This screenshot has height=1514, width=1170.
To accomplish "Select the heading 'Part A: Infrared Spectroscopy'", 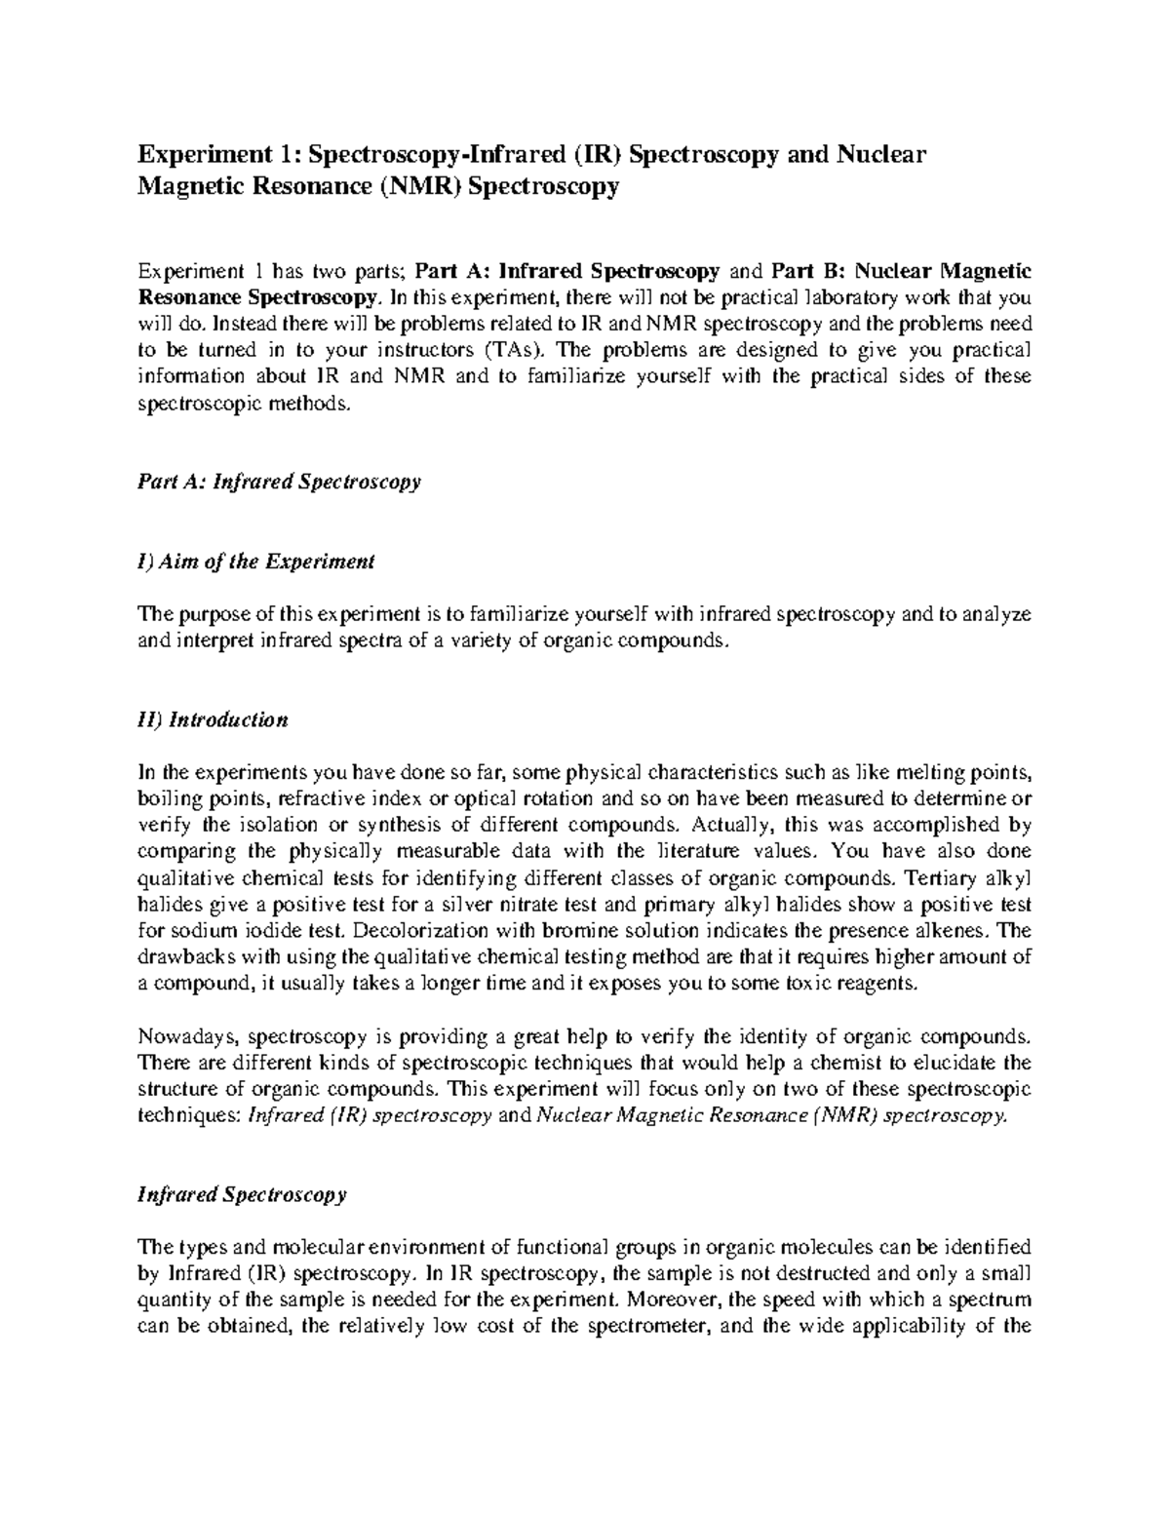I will tap(279, 482).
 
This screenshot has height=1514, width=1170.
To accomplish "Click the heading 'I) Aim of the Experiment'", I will tap(256, 562).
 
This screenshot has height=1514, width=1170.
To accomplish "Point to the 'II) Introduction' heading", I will tap(213, 720).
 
